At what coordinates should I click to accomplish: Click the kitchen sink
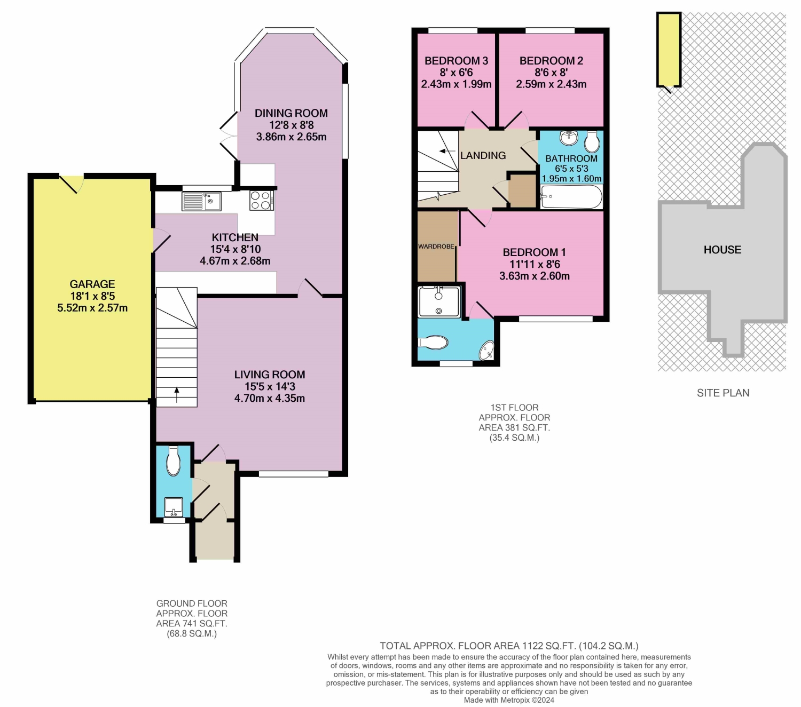(x=201, y=201)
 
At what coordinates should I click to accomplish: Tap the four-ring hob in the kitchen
(x=262, y=201)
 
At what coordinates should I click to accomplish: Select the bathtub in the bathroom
(x=571, y=196)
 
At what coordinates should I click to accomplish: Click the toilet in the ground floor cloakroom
(x=174, y=461)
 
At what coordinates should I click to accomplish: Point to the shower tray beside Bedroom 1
(x=439, y=302)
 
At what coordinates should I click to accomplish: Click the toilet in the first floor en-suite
(x=433, y=342)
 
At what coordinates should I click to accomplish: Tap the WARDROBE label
(x=436, y=247)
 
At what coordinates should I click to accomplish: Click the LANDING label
(x=483, y=155)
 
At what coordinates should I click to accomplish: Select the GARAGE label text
(x=92, y=284)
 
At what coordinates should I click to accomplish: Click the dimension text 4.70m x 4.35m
(x=270, y=398)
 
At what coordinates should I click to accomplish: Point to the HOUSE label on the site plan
(x=722, y=250)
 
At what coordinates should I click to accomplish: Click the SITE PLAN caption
(x=723, y=393)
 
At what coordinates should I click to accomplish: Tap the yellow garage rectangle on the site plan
(x=669, y=49)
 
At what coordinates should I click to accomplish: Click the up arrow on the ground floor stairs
(x=177, y=395)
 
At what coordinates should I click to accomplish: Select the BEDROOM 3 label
(x=456, y=61)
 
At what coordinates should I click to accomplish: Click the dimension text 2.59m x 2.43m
(x=551, y=84)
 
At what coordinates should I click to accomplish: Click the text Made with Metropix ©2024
(x=509, y=700)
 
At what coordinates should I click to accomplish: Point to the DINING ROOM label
(x=291, y=113)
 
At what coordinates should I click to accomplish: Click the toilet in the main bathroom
(x=592, y=141)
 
